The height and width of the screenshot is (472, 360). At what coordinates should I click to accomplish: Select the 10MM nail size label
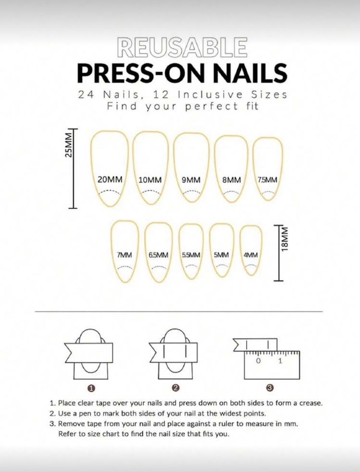[x=150, y=180]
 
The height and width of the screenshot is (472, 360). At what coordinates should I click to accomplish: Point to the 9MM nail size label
[x=191, y=180]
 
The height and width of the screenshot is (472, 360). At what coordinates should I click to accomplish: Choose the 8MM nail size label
[x=231, y=180]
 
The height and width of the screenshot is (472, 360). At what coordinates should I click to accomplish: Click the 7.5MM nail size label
[x=267, y=180]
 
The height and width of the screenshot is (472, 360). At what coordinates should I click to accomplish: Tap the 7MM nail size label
[x=125, y=255]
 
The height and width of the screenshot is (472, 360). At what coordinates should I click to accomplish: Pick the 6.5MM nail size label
[x=159, y=255]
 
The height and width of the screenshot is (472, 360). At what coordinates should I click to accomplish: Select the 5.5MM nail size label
[x=191, y=255]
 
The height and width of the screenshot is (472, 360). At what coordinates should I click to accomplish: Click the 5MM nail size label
[x=221, y=255]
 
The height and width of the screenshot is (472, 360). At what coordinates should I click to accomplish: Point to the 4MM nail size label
[x=250, y=255]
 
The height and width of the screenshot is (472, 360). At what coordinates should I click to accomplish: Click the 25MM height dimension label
[x=68, y=145]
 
